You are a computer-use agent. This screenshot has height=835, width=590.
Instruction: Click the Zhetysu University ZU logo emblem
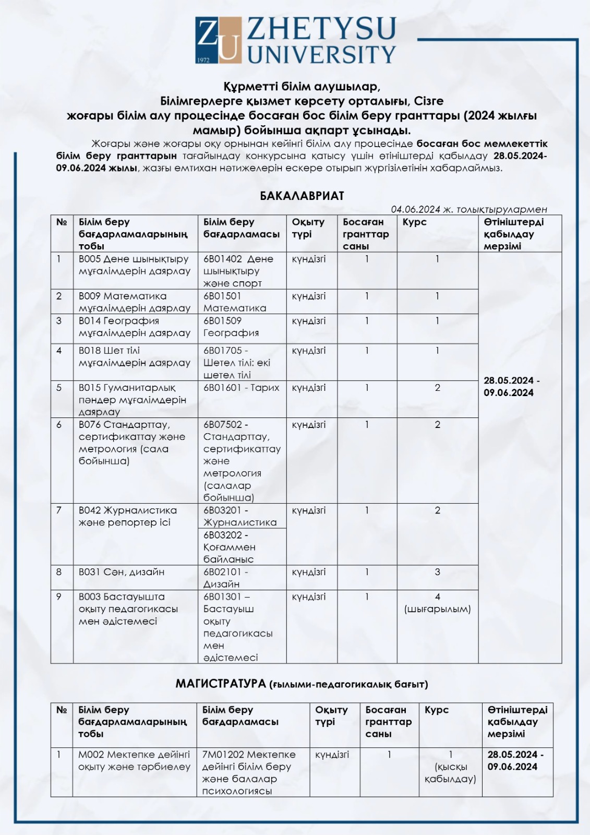coord(219,40)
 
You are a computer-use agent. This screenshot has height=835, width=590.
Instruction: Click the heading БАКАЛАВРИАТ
coord(302,196)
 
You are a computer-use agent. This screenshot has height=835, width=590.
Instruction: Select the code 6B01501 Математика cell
coord(235,302)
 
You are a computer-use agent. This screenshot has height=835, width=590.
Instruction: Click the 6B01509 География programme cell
coord(231,327)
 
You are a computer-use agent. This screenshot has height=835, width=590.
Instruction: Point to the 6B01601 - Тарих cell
coord(241,388)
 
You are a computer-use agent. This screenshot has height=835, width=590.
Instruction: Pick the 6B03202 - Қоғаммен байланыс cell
coord(229,547)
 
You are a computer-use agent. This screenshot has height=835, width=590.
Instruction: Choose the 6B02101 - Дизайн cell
coord(225,578)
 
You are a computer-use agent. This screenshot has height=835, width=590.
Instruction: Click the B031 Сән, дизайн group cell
coord(122,572)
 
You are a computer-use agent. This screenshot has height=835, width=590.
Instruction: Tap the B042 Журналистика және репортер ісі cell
coord(127,517)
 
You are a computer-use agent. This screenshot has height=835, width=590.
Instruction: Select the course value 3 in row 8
coord(437,572)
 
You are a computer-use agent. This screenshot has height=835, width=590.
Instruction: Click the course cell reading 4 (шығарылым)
coord(437,603)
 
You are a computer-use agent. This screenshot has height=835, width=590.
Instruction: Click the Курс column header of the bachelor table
coord(414,222)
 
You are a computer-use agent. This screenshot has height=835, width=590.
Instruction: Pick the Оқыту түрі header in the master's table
coord(331,716)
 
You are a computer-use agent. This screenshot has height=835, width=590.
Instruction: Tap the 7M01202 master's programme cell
coord(248,772)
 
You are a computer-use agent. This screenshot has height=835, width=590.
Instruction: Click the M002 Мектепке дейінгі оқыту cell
coord(134,760)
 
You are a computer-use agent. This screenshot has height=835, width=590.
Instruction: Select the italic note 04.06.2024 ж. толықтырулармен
coord(468,209)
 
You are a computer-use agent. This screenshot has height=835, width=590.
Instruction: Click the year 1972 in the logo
coord(203,60)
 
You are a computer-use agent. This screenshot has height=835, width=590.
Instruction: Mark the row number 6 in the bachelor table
coord(59,425)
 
